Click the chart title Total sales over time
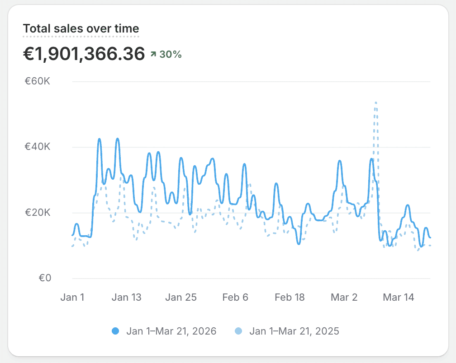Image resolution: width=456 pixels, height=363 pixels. click(81, 29)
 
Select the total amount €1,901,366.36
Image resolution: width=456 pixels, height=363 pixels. click(84, 54)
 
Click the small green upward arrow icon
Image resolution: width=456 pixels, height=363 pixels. click(153, 55)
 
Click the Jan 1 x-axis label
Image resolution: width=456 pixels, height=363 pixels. click(72, 297)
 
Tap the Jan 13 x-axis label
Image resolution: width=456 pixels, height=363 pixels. click(126, 297)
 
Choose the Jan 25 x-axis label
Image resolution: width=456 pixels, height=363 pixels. click(181, 297)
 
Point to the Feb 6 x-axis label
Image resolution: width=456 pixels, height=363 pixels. click(235, 297)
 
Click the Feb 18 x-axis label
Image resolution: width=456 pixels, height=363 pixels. click(290, 297)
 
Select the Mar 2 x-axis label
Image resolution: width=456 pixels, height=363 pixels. click(344, 297)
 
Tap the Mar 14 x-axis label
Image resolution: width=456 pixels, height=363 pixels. click(399, 297)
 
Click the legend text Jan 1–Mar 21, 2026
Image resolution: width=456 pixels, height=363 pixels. click(171, 331)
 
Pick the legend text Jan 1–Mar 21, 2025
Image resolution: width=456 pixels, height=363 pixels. click(294, 331)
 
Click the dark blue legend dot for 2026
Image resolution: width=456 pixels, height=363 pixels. click(115, 331)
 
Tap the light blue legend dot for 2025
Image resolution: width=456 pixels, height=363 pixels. click(238, 331)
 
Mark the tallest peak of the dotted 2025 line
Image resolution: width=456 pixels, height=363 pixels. click(375, 103)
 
